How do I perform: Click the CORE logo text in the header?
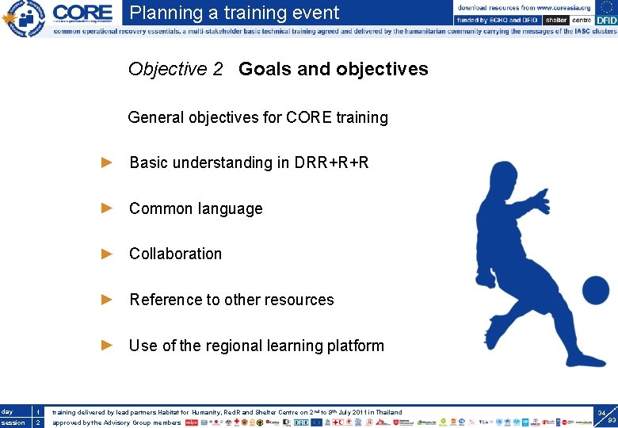pos(82,13)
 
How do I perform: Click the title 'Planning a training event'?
pos(235,13)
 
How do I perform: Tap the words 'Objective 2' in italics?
pos(175,69)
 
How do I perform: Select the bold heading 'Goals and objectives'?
pos(333,69)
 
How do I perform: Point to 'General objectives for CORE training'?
pos(257,117)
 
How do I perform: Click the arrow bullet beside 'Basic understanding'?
pos(108,162)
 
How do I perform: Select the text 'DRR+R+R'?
pos(331,162)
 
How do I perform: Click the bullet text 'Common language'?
pos(196,208)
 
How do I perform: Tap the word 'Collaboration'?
pos(175,254)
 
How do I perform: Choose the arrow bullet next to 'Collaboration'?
pos(108,254)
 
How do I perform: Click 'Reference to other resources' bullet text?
pos(231,300)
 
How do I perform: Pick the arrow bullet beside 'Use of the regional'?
pos(108,345)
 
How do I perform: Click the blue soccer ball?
pos(594,290)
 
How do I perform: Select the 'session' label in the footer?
pos(13,422)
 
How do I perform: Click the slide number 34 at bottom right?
pos(601,414)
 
